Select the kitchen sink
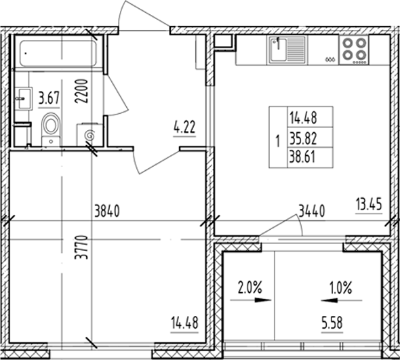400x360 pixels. click(x=287, y=52)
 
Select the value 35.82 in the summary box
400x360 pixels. click(x=303, y=141)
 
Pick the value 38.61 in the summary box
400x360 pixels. click(x=303, y=159)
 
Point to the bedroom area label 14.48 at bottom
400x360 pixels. click(x=185, y=323)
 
